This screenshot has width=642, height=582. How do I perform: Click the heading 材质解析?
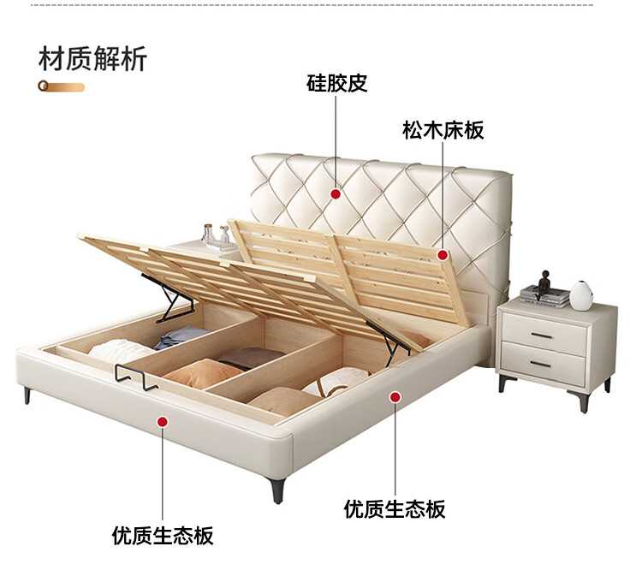click(x=92, y=59)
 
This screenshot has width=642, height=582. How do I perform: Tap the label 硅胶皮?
click(x=336, y=83)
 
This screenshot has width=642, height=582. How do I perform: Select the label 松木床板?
click(x=443, y=130)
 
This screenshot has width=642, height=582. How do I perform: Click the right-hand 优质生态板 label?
click(x=395, y=509)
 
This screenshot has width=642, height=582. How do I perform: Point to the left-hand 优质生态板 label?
click(x=163, y=536)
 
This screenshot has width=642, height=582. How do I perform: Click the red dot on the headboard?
click(x=336, y=195)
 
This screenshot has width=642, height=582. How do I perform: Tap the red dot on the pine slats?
click(x=443, y=254)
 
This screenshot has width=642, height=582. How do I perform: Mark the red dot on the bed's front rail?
click(x=163, y=420)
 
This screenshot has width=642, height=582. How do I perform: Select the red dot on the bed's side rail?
click(x=395, y=396)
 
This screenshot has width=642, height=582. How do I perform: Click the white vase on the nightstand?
click(x=582, y=294)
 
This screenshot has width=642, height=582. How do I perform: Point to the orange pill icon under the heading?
click(x=61, y=86)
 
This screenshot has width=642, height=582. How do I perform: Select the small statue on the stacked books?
click(x=545, y=282)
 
